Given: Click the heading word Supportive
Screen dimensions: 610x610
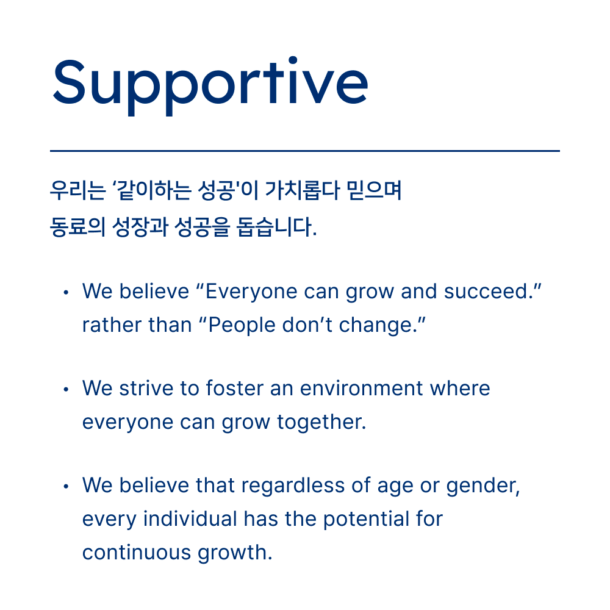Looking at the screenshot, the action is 210,85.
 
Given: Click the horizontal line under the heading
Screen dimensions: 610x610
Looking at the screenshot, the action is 305,151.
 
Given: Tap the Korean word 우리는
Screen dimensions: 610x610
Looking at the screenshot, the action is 78,190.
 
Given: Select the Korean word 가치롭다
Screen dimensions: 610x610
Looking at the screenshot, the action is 303,190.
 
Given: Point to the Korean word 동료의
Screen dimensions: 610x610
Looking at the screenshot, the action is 78,227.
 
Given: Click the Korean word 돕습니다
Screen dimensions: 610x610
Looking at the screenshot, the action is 276,227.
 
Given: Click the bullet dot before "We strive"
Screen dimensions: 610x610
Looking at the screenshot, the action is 66,389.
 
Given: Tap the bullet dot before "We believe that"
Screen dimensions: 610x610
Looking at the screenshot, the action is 66,486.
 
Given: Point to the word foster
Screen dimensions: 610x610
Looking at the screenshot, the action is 235,388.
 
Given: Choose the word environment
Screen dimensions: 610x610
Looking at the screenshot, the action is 361,388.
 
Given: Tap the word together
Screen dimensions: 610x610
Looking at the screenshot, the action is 321,423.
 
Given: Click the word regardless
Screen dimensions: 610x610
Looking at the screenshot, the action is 293,486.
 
